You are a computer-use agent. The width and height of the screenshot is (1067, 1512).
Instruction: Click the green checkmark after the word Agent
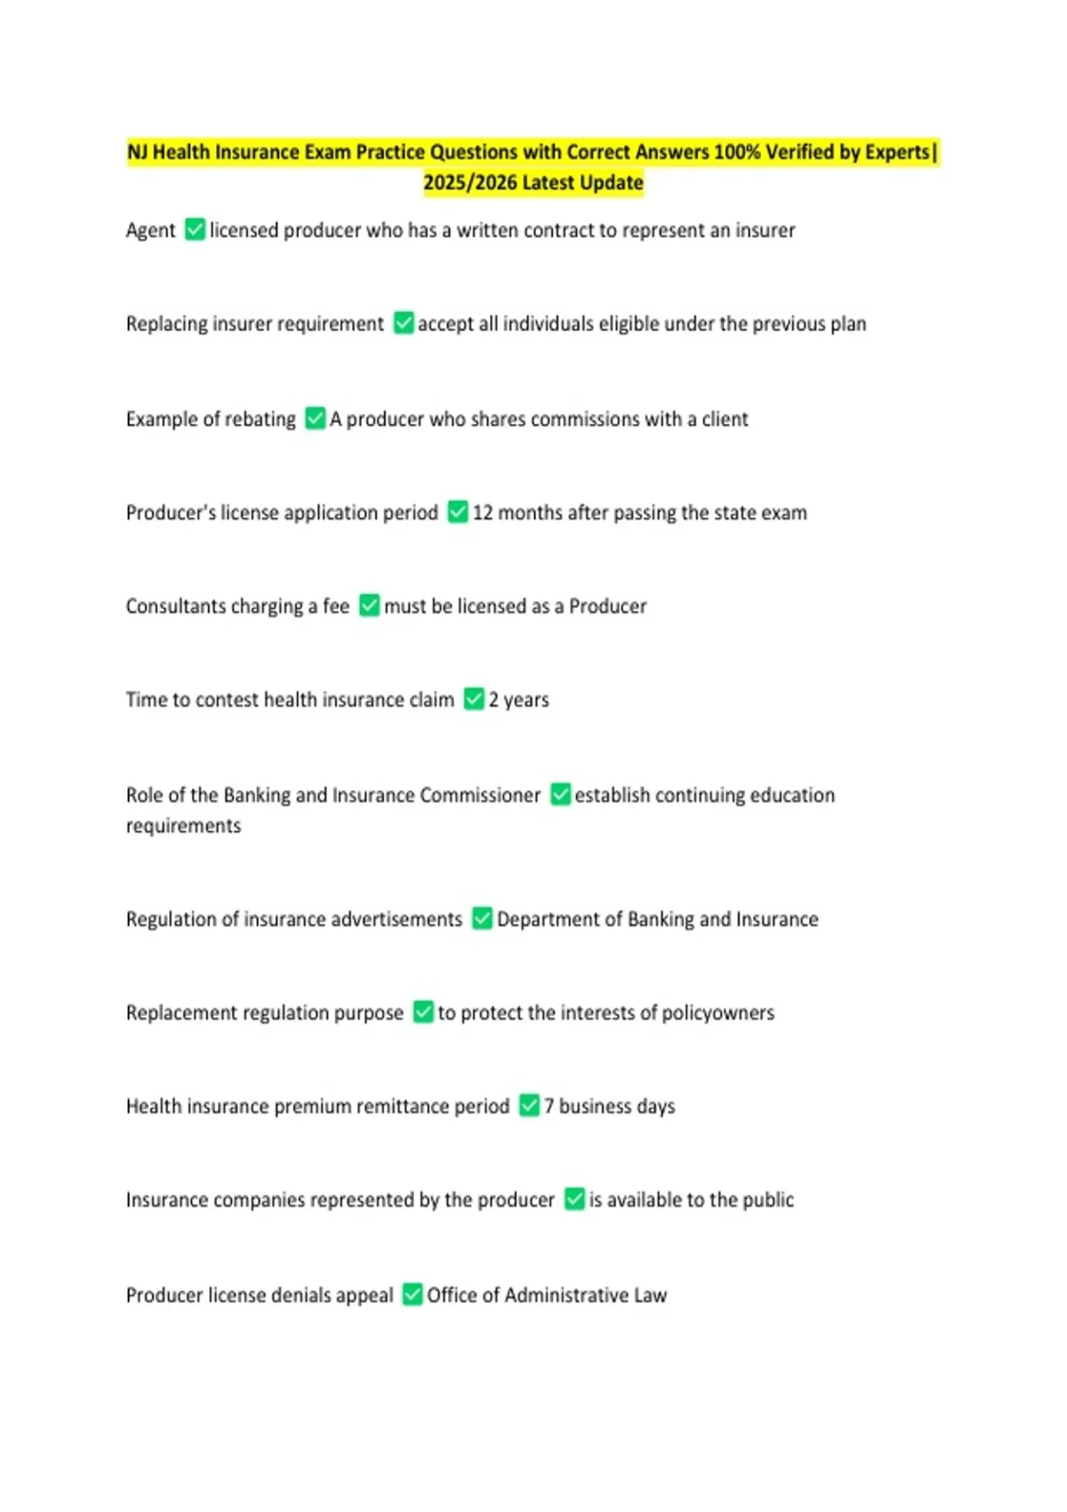pos(195,229)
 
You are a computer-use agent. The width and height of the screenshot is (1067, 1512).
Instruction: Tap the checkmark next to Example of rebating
pos(316,418)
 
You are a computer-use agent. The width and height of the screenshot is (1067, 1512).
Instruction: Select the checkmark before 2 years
pos(474,699)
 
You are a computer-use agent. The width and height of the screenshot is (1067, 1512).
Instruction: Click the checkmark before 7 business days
pos(529,1106)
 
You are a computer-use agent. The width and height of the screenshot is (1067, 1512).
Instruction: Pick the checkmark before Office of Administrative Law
pos(412,1294)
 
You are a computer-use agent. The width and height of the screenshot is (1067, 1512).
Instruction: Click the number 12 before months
pos(483,512)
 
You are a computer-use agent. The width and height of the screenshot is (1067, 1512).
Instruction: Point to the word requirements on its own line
pos(183,825)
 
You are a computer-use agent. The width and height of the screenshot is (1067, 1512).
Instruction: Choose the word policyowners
pos(718,1012)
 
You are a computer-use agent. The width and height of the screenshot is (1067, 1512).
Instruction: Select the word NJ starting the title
pos(137,152)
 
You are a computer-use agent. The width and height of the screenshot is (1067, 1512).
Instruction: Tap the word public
pos(767,1200)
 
